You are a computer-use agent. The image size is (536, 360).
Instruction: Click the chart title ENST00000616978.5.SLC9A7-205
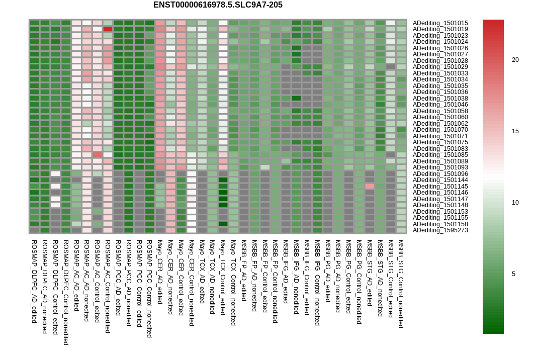pos(218,5)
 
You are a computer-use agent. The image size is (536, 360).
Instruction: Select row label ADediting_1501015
pos(440,23)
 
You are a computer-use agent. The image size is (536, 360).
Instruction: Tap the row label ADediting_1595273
pos(440,230)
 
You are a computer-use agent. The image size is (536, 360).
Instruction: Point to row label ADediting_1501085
pos(440,155)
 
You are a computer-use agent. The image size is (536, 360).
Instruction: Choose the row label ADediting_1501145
pos(440,187)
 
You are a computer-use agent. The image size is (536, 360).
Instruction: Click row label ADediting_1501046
pos(440,105)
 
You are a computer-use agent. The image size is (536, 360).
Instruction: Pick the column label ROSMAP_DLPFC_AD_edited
pos(34,282)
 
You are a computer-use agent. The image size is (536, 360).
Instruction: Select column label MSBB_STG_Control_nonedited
pos(401,284)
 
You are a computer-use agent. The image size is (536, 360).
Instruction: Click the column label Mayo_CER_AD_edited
pos(159,272)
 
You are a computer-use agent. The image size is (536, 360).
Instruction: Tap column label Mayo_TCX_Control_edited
pos(223,277)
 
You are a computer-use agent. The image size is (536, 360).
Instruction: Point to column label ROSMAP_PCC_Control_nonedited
pos(149,289)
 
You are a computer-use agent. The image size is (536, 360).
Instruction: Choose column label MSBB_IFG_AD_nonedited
pos(296,277)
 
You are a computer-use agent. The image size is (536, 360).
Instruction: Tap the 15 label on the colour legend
pos(515,131)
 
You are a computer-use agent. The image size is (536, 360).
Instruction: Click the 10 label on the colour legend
pos(515,203)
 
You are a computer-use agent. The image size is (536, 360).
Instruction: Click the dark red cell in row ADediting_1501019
pos(108,29)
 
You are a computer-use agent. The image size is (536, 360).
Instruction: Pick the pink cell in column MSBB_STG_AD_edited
pos(370,187)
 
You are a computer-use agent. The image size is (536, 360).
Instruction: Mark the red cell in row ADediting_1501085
pos(97,155)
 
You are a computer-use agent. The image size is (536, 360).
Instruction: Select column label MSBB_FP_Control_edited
pos(264,276)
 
